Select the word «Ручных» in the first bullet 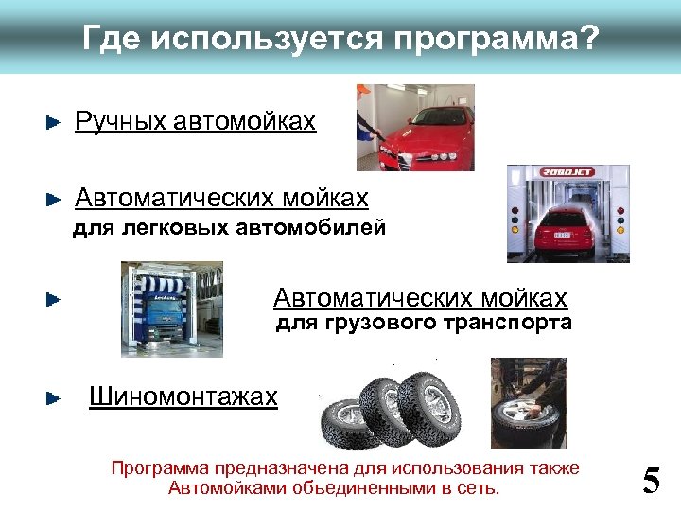click(x=118, y=121)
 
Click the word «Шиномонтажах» click(x=183, y=396)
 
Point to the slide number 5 click(x=651, y=481)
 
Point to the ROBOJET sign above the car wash click(x=567, y=172)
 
